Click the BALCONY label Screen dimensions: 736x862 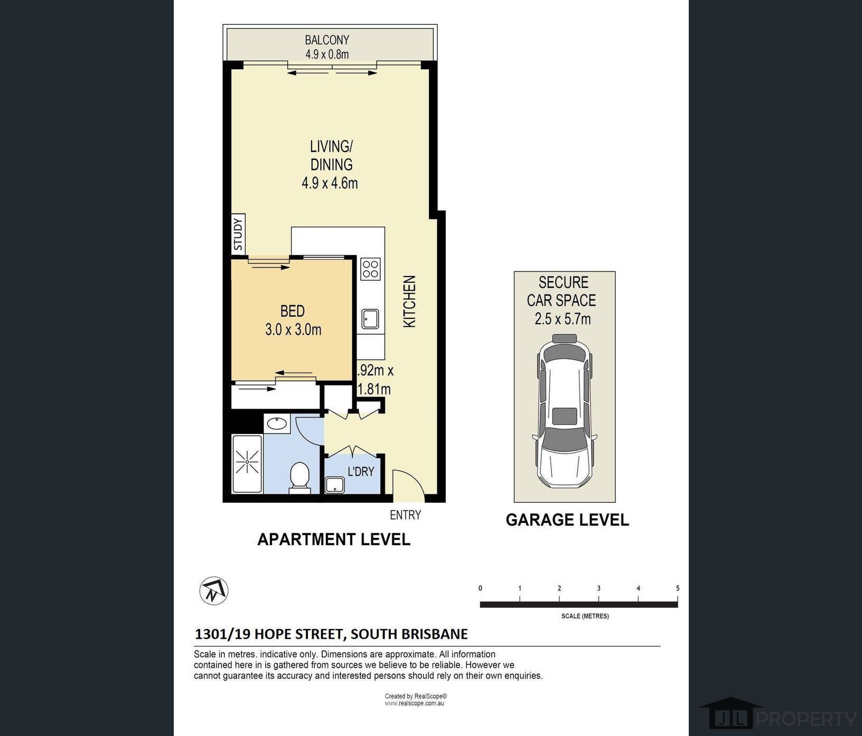[x=327, y=40]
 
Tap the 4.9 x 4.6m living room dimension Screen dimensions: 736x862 [x=330, y=183]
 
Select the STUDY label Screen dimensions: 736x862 [x=238, y=234]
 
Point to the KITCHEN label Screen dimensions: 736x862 [x=410, y=301]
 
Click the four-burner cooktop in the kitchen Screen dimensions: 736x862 [x=370, y=269]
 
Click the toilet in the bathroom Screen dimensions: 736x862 [x=300, y=476]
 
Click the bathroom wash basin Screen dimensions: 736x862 [x=276, y=424]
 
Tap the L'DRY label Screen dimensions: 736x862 [x=361, y=471]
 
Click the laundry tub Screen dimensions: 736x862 [x=334, y=484]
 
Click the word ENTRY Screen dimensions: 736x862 [x=405, y=515]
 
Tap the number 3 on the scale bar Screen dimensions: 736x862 [x=598, y=588]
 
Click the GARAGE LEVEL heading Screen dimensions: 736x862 [x=567, y=520]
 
